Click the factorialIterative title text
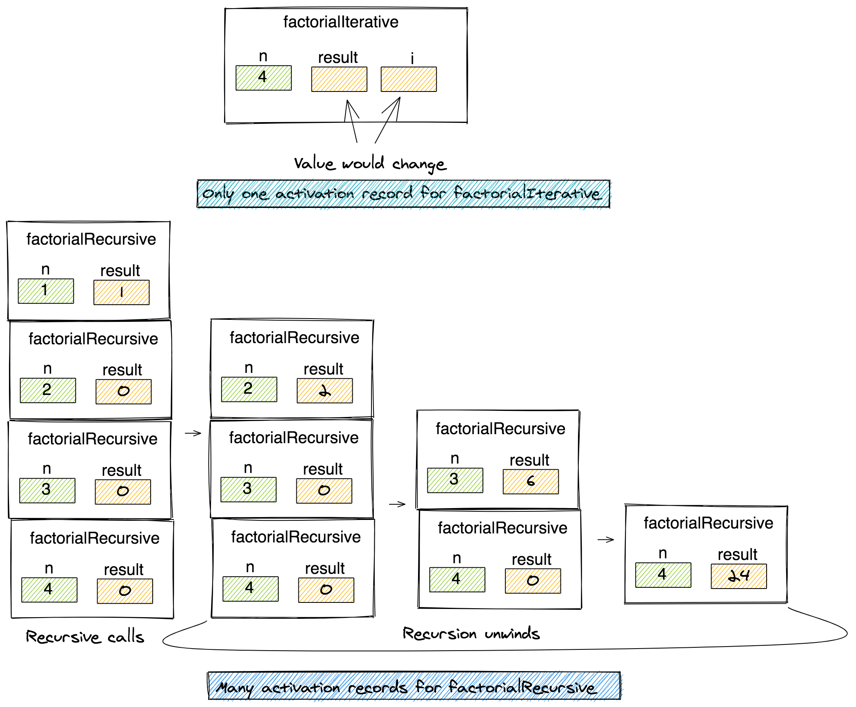point(340,22)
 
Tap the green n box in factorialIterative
point(263,78)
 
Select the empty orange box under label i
point(408,79)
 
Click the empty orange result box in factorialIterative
point(339,79)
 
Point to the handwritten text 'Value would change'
point(370,164)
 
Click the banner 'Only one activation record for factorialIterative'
point(403,194)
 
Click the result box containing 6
point(530,482)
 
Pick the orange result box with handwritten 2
point(325,391)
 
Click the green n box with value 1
point(46,291)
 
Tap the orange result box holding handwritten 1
point(121,292)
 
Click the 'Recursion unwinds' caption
point(471,633)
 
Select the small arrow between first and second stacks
point(193,433)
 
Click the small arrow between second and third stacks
point(397,504)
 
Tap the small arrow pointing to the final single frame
point(605,540)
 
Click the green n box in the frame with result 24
point(663,575)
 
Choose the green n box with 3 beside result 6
point(455,480)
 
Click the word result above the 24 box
point(737,554)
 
